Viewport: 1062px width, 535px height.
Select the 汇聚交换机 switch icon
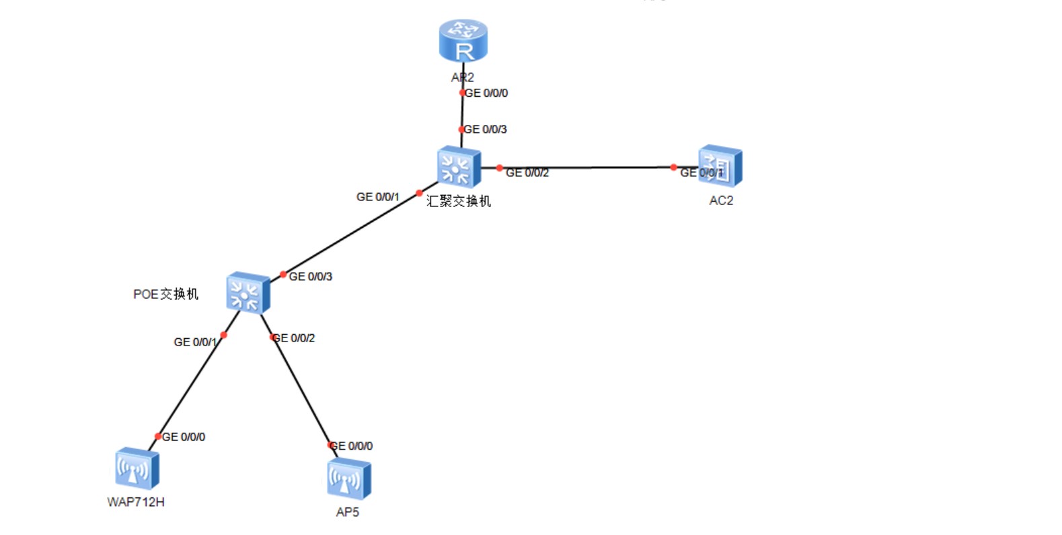[459, 167]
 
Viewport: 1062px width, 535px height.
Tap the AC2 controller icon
[720, 165]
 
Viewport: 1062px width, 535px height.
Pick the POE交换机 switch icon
[248, 293]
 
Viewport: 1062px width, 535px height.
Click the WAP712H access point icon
[137, 468]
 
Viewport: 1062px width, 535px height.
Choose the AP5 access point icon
[348, 479]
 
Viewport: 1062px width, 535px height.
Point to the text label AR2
[463, 77]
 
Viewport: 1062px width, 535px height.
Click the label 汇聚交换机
[459, 201]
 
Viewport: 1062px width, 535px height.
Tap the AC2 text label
[721, 200]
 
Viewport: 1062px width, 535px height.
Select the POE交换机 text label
[165, 294]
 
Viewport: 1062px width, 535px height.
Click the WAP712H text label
[136, 502]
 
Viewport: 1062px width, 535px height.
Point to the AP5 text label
[347, 512]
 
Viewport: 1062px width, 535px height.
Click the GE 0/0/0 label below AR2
[486, 93]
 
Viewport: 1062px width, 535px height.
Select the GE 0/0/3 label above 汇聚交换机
[486, 129]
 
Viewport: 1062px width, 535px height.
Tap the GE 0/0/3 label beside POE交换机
[310, 277]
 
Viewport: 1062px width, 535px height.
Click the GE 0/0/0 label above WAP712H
[184, 437]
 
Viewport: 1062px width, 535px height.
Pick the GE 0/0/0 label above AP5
[351, 446]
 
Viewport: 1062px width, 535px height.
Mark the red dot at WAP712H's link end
[158, 436]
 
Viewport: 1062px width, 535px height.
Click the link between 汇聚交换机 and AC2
[585, 167]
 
